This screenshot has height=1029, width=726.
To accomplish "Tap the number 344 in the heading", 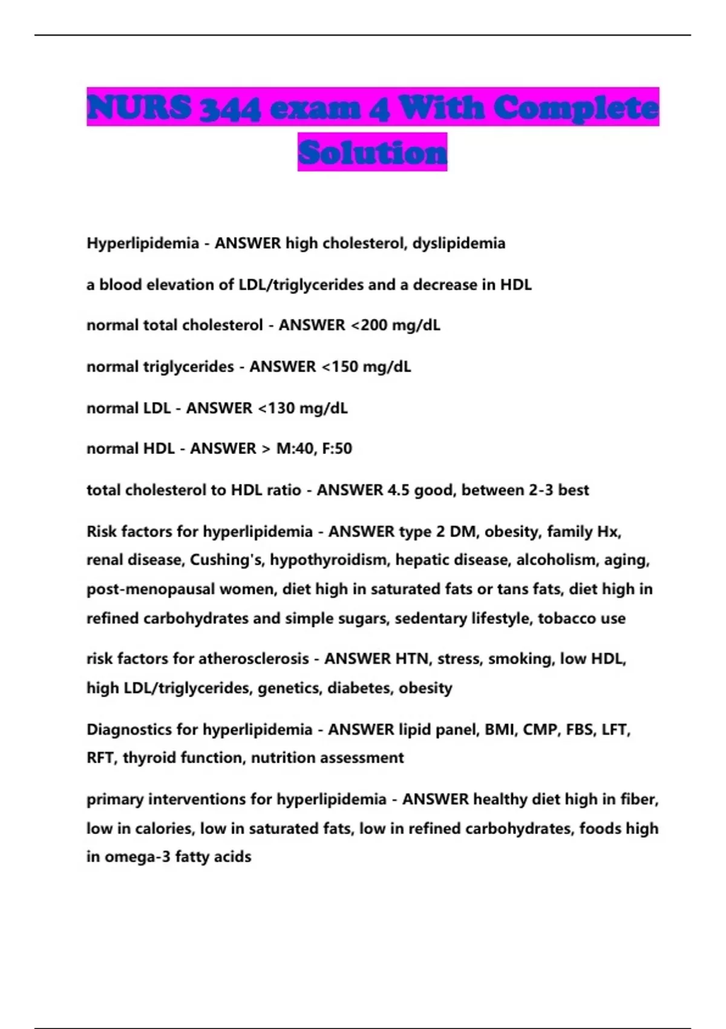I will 231,108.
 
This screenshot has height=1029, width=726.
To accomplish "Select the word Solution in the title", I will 372,152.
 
